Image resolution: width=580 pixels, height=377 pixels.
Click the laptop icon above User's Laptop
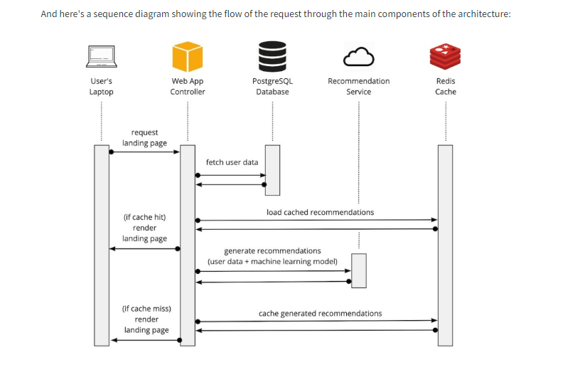pos(101,56)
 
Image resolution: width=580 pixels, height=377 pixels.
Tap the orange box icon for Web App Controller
pos(188,56)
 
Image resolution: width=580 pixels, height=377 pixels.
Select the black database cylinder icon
pos(272,55)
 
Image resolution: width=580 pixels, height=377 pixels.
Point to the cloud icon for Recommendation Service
pos(358,56)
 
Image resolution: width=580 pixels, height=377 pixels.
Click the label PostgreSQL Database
pos(272,86)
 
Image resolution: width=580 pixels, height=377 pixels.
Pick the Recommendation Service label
pos(358,86)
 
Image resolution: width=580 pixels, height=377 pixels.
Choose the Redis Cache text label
pos(446,86)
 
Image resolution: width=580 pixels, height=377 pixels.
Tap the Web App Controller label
pos(188,86)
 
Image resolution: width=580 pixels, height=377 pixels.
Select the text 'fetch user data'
pos(232,162)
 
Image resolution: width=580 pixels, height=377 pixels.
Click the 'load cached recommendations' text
pos(320,212)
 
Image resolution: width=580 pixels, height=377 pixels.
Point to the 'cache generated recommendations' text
pos(320,313)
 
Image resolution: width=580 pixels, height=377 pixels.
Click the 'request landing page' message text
pos(144,137)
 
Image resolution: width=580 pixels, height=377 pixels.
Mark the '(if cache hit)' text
pos(144,217)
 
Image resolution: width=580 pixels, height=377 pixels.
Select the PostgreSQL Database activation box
pos(272,170)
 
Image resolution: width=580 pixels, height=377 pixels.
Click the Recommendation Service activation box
pos(359,270)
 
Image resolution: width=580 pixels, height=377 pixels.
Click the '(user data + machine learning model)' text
pos(272,261)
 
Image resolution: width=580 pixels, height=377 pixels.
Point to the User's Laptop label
pos(101,86)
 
